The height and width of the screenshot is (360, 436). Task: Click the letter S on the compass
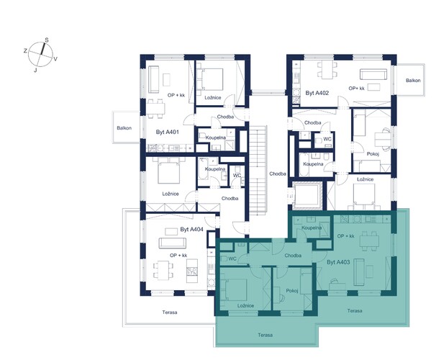click(x=47, y=40)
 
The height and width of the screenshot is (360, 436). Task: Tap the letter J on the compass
click(x=35, y=71)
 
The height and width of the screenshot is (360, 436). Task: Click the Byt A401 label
click(x=167, y=132)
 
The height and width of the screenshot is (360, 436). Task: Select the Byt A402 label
click(x=317, y=93)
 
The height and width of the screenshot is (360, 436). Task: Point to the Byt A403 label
click(x=338, y=262)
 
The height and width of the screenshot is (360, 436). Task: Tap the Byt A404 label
click(x=191, y=230)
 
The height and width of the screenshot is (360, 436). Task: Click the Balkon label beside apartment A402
click(x=413, y=81)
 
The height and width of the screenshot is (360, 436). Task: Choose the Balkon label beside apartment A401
click(x=124, y=128)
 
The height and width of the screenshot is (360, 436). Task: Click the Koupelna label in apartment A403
click(x=312, y=228)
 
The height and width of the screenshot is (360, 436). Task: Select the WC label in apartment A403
click(x=232, y=258)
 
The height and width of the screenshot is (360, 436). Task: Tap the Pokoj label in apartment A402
click(x=373, y=154)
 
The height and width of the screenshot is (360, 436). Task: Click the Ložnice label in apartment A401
click(x=213, y=98)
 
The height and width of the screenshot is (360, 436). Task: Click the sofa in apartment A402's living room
click(x=373, y=74)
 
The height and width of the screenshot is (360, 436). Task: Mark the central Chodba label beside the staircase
click(x=278, y=174)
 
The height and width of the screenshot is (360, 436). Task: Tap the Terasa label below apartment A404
click(x=170, y=312)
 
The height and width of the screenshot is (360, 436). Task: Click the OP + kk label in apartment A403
click(x=345, y=236)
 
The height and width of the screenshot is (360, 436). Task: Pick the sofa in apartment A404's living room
click(x=173, y=243)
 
